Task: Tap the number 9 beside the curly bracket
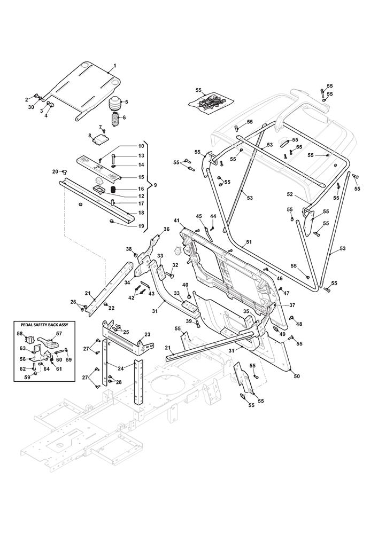click(x=155, y=185)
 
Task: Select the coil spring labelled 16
click(x=113, y=189)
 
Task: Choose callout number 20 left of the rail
click(x=55, y=171)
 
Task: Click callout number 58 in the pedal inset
click(x=19, y=334)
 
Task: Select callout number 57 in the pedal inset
click(x=59, y=333)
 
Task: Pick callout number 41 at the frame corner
click(x=176, y=221)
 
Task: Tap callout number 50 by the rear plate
click(x=297, y=376)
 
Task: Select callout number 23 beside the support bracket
click(x=148, y=335)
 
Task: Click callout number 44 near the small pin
click(x=213, y=216)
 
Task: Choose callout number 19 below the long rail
click(x=126, y=226)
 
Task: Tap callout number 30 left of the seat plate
click(x=31, y=107)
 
